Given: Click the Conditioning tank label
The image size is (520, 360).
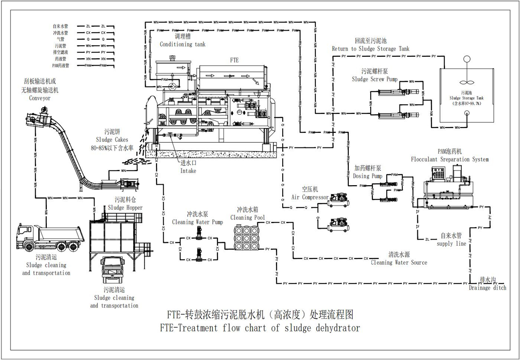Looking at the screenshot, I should pyautogui.click(x=182, y=44).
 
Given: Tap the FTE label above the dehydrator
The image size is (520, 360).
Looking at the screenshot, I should pyautogui.click(x=234, y=60).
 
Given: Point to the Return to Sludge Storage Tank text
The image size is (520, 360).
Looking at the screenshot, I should pyautogui.click(x=370, y=49).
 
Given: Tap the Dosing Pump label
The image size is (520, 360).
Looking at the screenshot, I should pyautogui.click(x=367, y=176).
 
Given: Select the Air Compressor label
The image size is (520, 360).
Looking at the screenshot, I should pyautogui.click(x=310, y=197).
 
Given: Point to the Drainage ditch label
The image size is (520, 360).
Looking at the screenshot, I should pyautogui.click(x=487, y=287).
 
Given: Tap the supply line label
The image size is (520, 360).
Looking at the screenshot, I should pyautogui.click(x=451, y=243).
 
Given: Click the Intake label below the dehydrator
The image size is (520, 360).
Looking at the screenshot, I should pyautogui.click(x=188, y=171).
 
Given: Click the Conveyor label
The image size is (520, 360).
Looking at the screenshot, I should pyautogui.click(x=39, y=98).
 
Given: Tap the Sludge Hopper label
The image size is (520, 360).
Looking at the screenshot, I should pyautogui.click(x=125, y=207).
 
